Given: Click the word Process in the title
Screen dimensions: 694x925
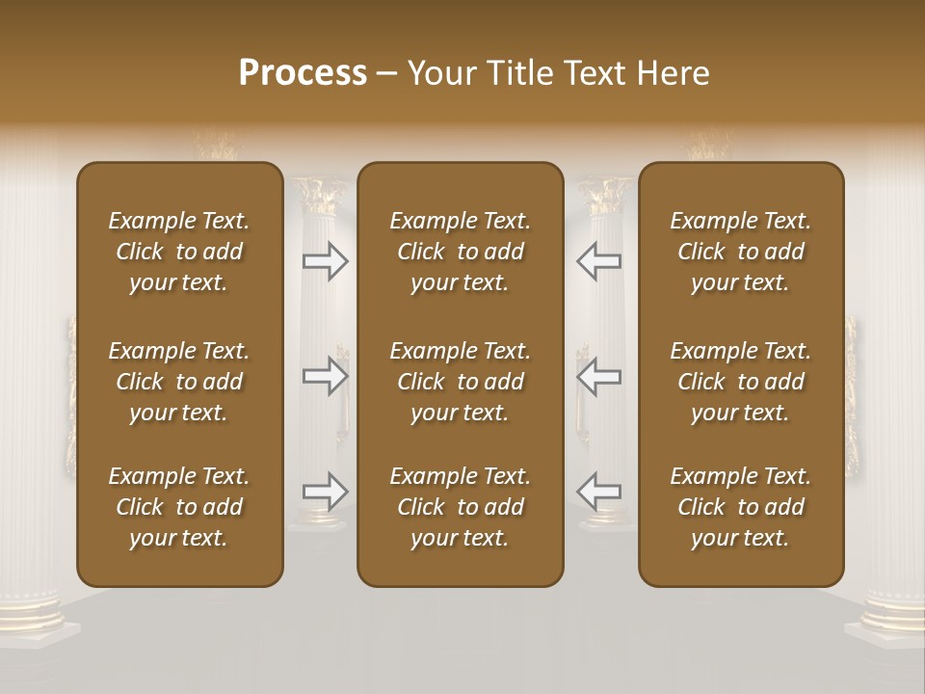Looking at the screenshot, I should pos(303,73).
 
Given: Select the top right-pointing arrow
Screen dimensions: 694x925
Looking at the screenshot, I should pos(326,261).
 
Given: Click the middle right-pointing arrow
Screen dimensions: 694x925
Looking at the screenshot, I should pos(326,376).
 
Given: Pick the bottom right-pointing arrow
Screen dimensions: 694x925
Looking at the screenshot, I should pos(326,492).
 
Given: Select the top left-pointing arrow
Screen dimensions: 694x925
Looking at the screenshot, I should pos(599,261).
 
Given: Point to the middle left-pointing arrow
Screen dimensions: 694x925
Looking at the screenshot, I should pos(599,376).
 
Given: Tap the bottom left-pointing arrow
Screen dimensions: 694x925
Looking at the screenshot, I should pos(599,492).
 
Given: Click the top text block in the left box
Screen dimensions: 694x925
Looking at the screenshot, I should pos(179,252).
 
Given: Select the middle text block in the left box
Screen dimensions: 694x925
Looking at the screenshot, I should pos(179,382).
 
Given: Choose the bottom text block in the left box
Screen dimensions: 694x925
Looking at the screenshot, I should pos(179,507).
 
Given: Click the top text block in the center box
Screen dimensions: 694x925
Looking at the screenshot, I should pos(460,252).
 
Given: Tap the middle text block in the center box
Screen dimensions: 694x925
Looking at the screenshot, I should pos(460,382).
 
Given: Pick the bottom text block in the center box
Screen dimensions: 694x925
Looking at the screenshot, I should pos(460,507).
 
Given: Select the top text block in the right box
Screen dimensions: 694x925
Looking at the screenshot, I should pos(740,252).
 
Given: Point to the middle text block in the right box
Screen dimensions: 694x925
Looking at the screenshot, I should pos(740,382).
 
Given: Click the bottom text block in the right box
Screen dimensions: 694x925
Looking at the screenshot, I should pos(740,507).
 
